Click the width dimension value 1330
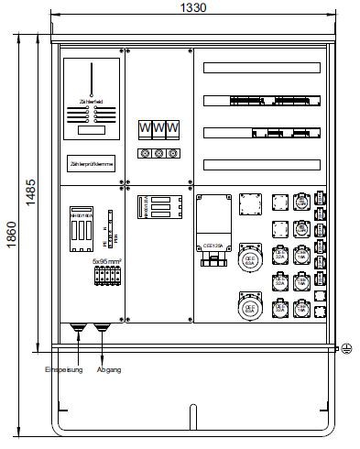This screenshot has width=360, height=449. (194, 7)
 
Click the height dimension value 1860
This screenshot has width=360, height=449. (11, 235)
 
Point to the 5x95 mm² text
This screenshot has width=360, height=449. (107, 261)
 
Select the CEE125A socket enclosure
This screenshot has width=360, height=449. (214, 224)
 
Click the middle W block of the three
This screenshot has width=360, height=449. (158, 128)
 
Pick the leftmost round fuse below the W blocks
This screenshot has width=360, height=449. (144, 154)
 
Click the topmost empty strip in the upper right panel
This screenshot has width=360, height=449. (262, 68)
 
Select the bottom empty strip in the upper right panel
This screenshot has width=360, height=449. (262, 165)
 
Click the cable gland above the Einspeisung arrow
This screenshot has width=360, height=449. (78, 327)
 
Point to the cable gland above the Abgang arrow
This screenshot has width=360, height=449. (100, 327)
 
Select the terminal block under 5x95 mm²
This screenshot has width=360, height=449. (107, 275)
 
